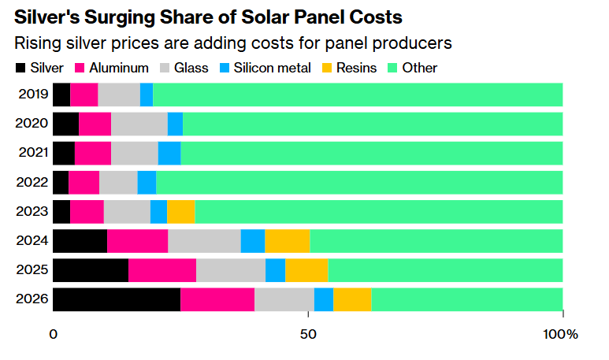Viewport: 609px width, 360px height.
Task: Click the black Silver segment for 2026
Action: coord(117,299)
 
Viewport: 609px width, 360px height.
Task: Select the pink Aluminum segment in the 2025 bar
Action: coord(162,270)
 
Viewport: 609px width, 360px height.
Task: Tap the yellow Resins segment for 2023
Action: coord(180,211)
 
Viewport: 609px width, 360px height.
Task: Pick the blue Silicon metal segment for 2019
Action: coord(147,95)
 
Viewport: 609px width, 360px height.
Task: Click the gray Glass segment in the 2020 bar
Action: coord(139,124)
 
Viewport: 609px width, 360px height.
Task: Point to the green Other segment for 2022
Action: coord(359,182)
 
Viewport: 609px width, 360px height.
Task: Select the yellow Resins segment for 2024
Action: coord(288,241)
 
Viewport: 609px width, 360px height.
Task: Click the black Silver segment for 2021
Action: coord(64,153)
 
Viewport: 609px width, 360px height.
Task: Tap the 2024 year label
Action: coord(33,241)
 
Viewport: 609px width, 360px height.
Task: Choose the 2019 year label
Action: coord(33,95)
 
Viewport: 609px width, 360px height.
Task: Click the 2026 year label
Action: coord(33,299)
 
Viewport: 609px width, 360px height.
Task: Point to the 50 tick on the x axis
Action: coord(308,334)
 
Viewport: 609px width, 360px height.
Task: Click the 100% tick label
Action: coord(560,334)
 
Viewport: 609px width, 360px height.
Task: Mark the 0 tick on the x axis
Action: coord(54,334)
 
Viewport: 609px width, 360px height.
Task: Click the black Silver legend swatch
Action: coord(20,68)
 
